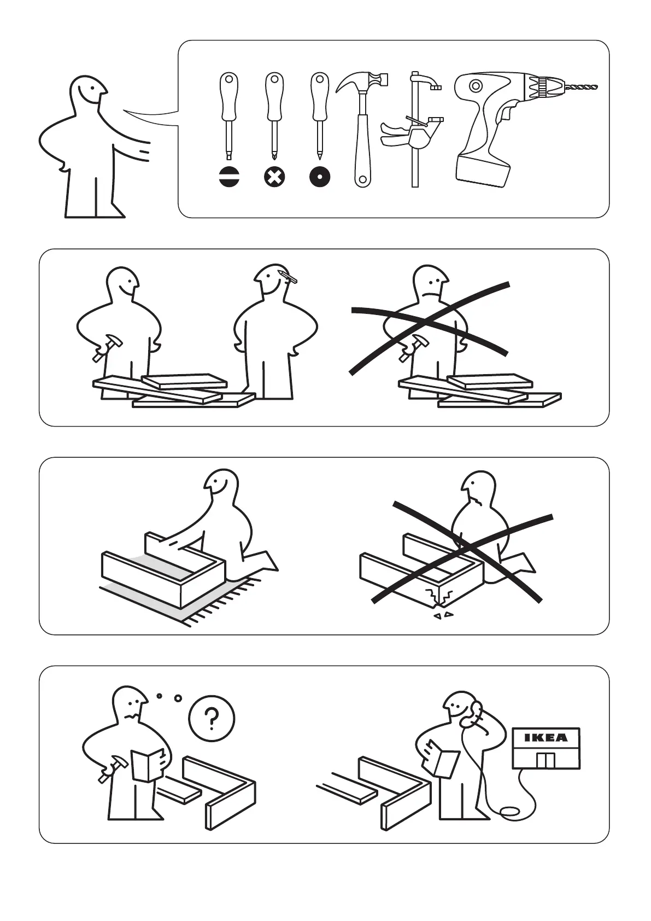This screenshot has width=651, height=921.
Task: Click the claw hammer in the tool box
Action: click(x=362, y=127)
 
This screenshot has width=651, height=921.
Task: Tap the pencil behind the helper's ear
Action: click(x=289, y=276)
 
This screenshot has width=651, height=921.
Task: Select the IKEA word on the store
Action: click(x=546, y=738)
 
